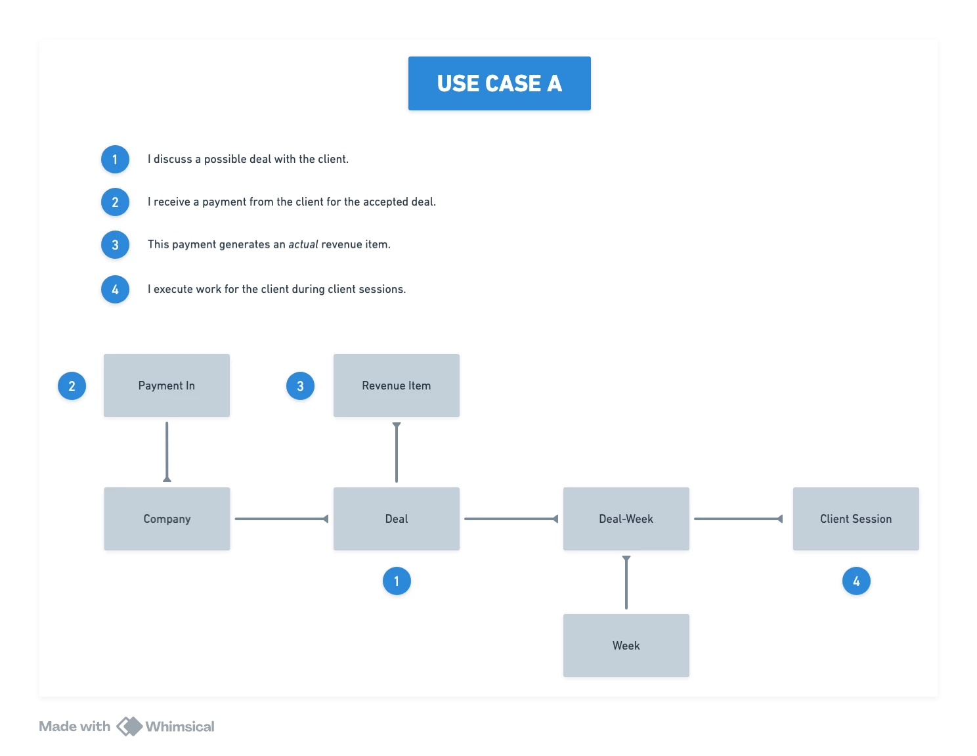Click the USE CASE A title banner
pyautogui.click(x=499, y=83)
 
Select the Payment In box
pyautogui.click(x=166, y=386)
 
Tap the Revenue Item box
pyautogui.click(x=396, y=386)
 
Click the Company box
pyautogui.click(x=167, y=518)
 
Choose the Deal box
pyautogui.click(x=396, y=518)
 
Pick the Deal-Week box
pyautogui.click(x=626, y=518)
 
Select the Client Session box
pyautogui.click(x=856, y=518)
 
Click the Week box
pyautogui.click(x=626, y=646)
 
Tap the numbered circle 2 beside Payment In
pyautogui.click(x=72, y=386)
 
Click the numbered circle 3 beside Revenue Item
pyautogui.click(x=300, y=386)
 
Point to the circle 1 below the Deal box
pyautogui.click(x=397, y=581)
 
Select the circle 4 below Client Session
pyautogui.click(x=856, y=581)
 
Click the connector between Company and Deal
pyautogui.click(x=282, y=518)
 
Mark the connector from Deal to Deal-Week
pyautogui.click(x=511, y=518)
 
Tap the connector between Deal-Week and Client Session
pyautogui.click(x=738, y=518)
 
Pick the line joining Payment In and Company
pyautogui.click(x=167, y=452)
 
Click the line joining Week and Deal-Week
pyautogui.click(x=626, y=583)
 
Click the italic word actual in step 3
pyautogui.click(x=303, y=244)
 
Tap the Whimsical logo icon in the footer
pyautogui.click(x=129, y=726)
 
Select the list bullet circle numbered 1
pyautogui.click(x=115, y=159)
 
